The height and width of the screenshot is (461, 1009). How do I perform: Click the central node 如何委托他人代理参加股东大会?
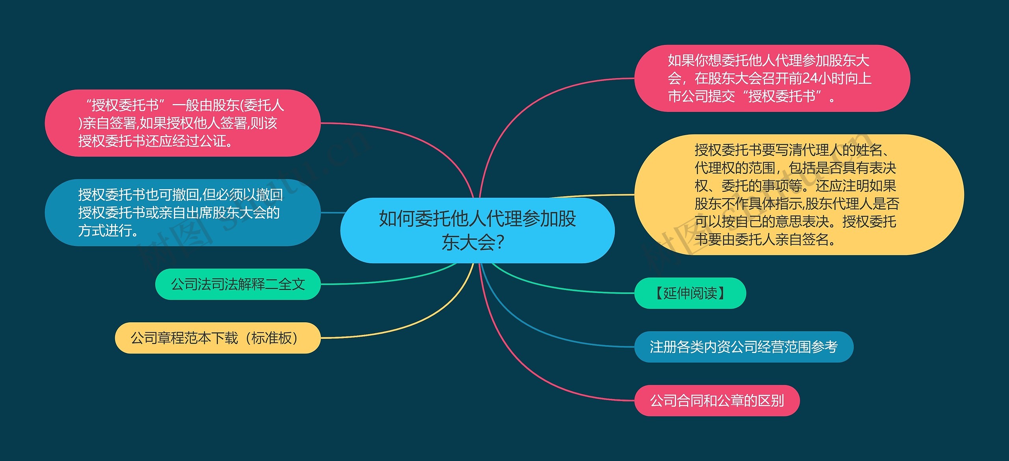coord(477,230)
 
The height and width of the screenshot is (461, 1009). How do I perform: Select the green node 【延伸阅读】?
coord(690,293)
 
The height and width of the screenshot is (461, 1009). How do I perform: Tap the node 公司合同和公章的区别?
coord(717,401)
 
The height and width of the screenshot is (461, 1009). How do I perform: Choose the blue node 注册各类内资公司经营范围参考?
coord(743,347)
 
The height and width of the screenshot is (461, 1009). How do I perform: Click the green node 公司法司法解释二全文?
coord(238,284)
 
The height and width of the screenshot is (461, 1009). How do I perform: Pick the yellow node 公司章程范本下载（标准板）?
coord(217,338)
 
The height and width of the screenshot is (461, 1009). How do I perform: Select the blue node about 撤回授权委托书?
coord(182,213)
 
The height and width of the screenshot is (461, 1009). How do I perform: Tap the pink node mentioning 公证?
coord(182,123)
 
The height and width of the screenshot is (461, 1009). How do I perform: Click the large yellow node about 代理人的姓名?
coord(799,195)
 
